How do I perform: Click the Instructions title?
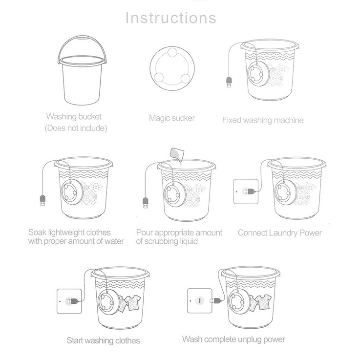[170, 18]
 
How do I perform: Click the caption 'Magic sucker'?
[172, 118]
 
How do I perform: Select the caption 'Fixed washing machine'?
[263, 120]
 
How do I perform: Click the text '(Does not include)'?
[76, 128]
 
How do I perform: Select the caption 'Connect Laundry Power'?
[280, 233]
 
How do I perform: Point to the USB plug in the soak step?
[42, 200]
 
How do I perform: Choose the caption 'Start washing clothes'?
[103, 340]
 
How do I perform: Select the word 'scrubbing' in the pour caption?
[161, 241]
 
